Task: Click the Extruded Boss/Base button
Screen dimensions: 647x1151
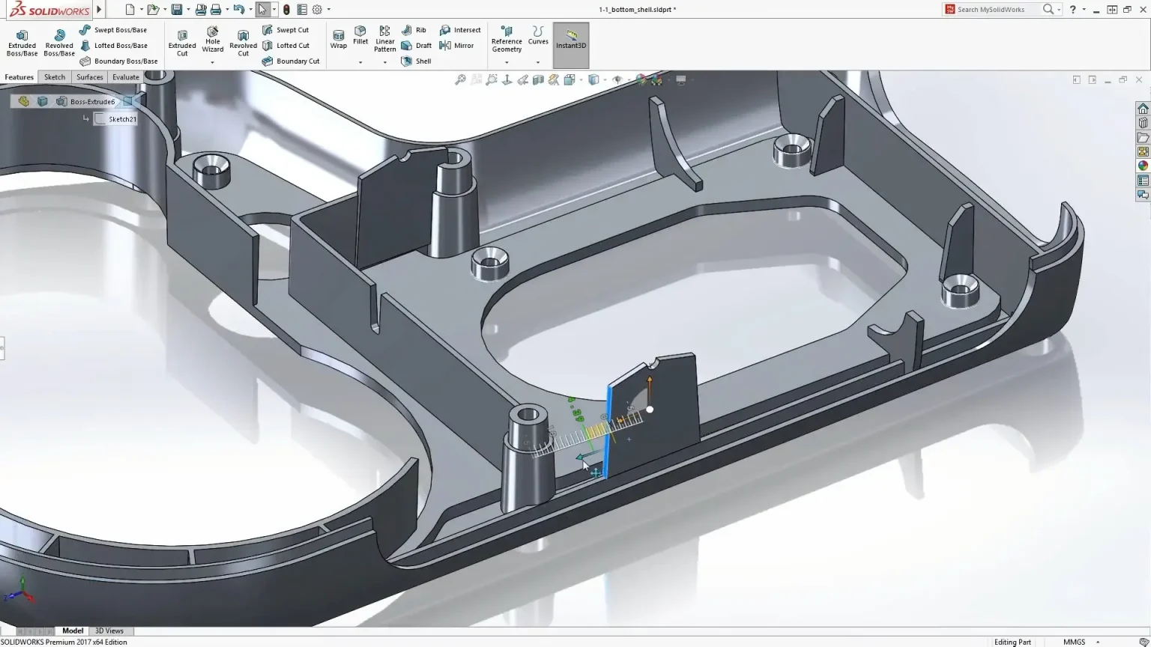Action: coord(22,43)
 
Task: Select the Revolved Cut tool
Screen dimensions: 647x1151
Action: coord(243,43)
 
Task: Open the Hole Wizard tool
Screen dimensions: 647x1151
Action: coord(212,40)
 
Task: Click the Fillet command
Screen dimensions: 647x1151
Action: coord(360,36)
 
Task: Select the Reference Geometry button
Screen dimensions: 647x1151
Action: coord(507,40)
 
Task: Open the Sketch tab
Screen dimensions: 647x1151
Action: coord(55,77)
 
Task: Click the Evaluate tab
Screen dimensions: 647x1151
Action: coord(126,77)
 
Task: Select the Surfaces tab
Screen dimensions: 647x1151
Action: coord(89,77)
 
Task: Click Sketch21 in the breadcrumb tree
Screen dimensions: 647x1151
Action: coord(122,119)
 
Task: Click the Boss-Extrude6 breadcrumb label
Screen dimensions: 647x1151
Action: coord(92,102)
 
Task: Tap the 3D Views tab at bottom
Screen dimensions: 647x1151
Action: coord(109,631)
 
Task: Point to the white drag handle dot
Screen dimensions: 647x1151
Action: coord(650,410)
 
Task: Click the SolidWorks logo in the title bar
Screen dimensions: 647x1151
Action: coord(49,10)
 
